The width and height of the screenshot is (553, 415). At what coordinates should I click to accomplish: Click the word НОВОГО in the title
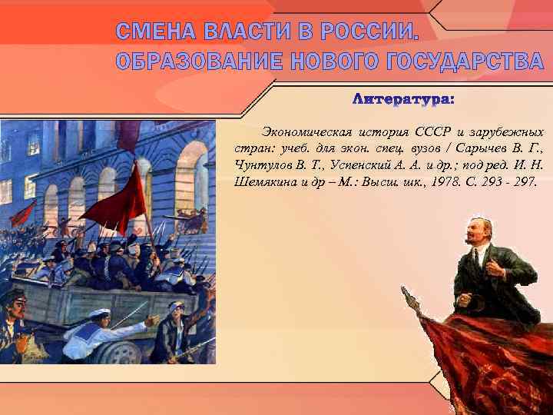(323, 62)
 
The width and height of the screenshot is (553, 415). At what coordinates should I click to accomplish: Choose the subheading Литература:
(402, 100)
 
